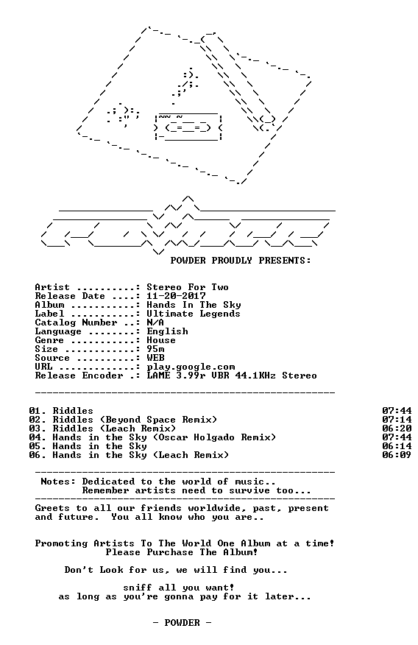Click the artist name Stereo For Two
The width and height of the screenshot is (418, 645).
pyautogui.click(x=188, y=287)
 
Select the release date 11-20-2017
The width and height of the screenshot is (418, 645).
pyautogui.click(x=176, y=296)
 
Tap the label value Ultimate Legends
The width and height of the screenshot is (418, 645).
pyautogui.click(x=193, y=314)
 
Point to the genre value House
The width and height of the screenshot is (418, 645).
pyautogui.click(x=161, y=340)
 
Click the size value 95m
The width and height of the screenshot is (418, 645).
pyautogui.click(x=155, y=349)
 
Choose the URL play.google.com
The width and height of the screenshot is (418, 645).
pyautogui.click(x=191, y=367)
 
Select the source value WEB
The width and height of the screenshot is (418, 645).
pyautogui.click(x=155, y=358)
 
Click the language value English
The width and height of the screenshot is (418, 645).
pyautogui.click(x=167, y=331)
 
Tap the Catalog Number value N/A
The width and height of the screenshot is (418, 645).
pyautogui.click(x=155, y=322)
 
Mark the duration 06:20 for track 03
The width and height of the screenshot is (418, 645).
pyautogui.click(x=397, y=429)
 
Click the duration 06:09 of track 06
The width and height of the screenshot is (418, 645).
pyautogui.click(x=397, y=455)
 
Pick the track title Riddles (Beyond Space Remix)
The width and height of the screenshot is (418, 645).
pyautogui.click(x=135, y=420)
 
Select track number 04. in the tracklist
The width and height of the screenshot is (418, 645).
pyautogui.click(x=38, y=437)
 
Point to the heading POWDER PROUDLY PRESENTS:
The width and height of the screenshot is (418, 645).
pyautogui.click(x=241, y=261)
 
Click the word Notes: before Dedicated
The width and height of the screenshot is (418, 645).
pyautogui.click(x=58, y=482)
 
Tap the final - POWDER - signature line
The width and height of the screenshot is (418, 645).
pyautogui.click(x=182, y=623)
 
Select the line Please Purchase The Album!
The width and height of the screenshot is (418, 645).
pyautogui.click(x=182, y=552)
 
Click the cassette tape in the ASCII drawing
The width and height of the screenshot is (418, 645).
pyautogui.click(x=188, y=127)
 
